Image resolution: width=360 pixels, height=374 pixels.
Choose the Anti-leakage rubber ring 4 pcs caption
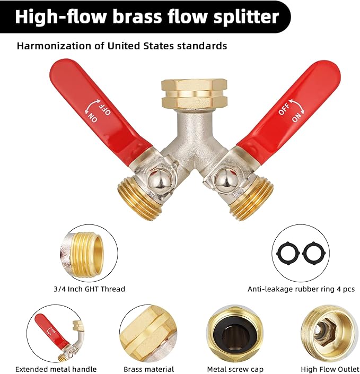point(301,289)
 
